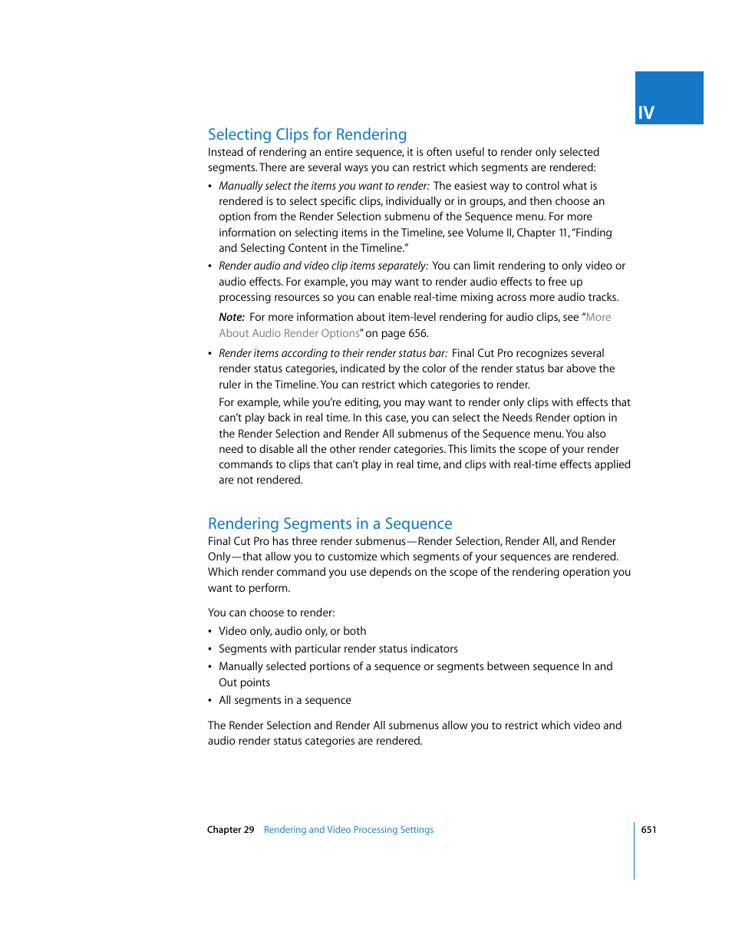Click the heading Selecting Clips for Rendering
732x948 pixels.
click(x=307, y=134)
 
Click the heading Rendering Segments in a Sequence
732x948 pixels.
click(x=330, y=524)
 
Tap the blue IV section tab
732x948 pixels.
click(x=668, y=98)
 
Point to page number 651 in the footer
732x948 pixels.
click(x=648, y=830)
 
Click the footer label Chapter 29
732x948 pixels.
click(x=230, y=830)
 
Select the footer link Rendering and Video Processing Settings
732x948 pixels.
click(x=348, y=830)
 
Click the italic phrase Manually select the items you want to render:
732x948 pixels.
click(x=324, y=186)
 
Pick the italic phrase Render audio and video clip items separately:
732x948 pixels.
click(x=323, y=266)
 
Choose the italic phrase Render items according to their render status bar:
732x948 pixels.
click(x=333, y=353)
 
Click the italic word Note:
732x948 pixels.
click(x=231, y=317)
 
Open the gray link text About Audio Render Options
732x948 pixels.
click(x=289, y=333)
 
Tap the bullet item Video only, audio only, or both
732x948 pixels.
click(x=292, y=631)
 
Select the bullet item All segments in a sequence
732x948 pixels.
click(x=285, y=700)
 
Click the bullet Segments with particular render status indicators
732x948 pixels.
click(x=338, y=649)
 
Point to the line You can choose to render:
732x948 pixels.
click(x=271, y=613)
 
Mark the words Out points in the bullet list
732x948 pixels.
click(x=244, y=682)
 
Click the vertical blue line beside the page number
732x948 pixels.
click(x=635, y=851)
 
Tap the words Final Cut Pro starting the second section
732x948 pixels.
click(x=239, y=541)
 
